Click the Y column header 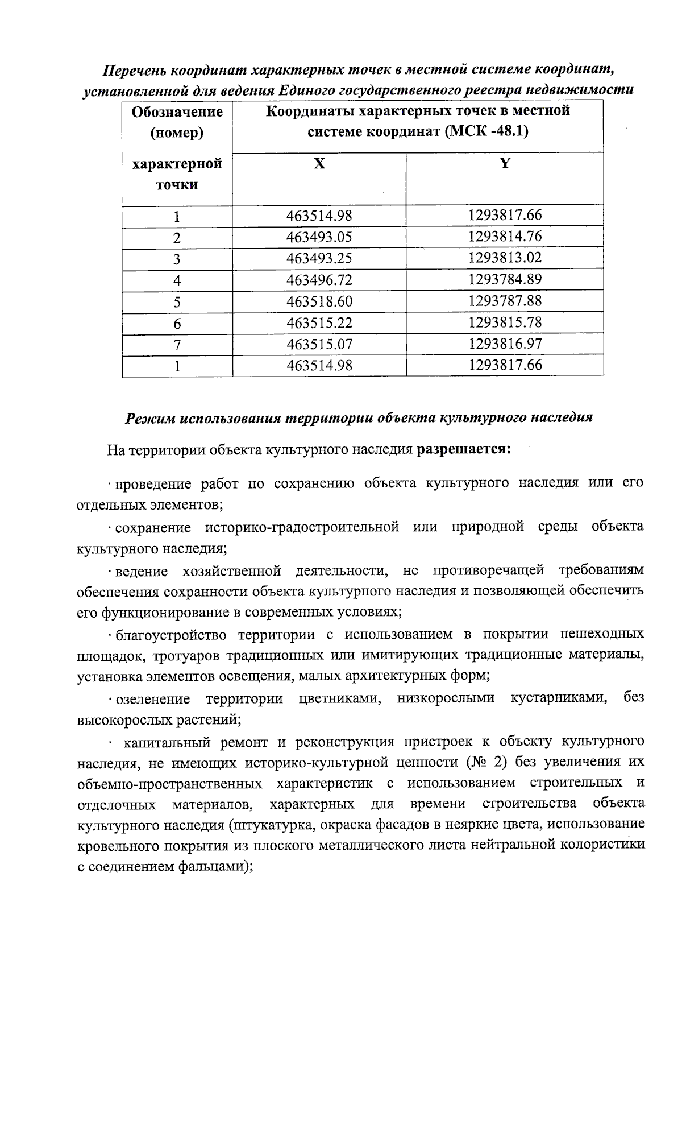(x=505, y=164)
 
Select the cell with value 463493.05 (x=319, y=237)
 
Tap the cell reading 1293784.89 (x=505, y=280)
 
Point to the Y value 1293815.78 (x=505, y=323)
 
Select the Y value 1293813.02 (x=505, y=258)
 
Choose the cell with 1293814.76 (x=505, y=237)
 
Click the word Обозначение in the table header (x=177, y=112)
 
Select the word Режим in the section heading (x=149, y=418)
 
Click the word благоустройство (x=170, y=634)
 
